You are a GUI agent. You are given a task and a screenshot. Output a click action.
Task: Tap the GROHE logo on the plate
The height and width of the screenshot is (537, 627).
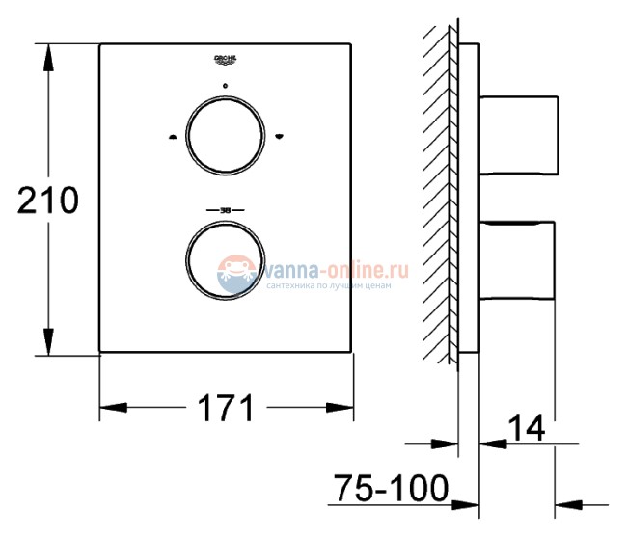[224, 61]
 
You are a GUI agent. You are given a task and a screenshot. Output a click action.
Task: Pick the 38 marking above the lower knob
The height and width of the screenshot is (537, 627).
[225, 208]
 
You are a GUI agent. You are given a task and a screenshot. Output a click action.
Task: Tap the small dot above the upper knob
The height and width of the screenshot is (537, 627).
[225, 88]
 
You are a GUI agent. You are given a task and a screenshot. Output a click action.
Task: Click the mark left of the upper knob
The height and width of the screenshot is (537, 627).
[171, 136]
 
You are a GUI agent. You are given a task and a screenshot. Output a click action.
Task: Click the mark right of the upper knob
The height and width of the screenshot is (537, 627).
[278, 136]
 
